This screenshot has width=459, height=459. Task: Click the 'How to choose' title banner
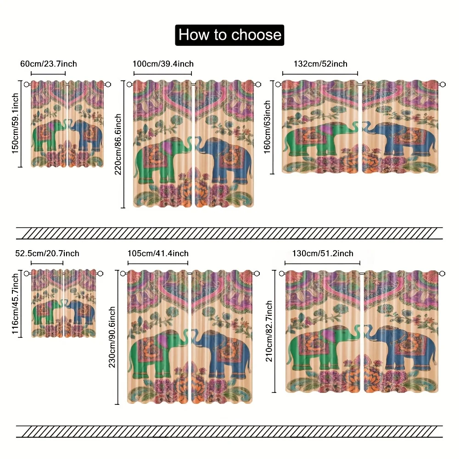pos(229,35)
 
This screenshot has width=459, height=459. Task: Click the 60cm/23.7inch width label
pos(49,64)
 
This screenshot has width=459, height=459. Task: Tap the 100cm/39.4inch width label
pos(163,64)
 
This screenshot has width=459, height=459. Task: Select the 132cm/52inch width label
pos(320,64)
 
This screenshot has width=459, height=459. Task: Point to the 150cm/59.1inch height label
pos(15,123)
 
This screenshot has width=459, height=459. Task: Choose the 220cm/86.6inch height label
pos(118,144)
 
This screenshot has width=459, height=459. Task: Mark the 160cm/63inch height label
pos(267,127)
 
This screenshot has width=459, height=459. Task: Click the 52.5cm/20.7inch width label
pos(47,253)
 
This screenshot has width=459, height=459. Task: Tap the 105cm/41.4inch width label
pos(158,253)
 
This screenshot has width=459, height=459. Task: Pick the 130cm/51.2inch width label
pos(323,253)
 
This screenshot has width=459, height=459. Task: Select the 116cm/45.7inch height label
pos(15,304)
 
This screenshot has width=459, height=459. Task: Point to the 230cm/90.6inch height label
pos(112,337)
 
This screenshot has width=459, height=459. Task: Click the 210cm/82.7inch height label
pos(269,331)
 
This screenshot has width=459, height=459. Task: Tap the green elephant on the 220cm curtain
pos(162,160)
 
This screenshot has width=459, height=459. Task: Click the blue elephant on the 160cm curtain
pos(400,139)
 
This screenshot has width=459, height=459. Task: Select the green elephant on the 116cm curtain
pos(47,312)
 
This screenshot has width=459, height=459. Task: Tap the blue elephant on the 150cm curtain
pos(85,136)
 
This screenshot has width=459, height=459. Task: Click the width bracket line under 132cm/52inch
pos(320,73)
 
